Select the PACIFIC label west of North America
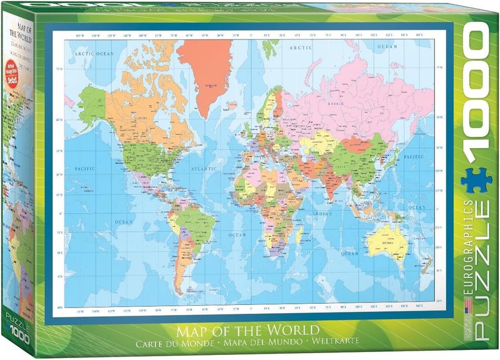(84, 168)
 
